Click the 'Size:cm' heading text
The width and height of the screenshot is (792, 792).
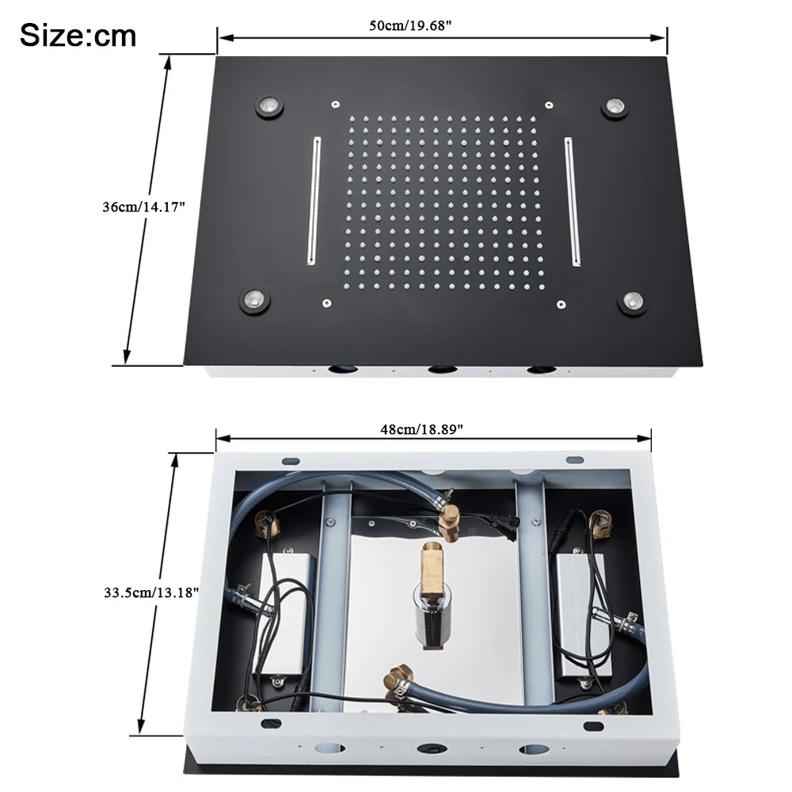[x=78, y=35]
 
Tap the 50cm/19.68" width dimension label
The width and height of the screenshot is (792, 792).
[x=410, y=25]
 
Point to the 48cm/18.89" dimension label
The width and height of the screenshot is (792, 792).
[x=421, y=428]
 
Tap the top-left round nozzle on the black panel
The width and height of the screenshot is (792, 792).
[x=269, y=105]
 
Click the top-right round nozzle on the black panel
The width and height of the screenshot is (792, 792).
[x=614, y=106]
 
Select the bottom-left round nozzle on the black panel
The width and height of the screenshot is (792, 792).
[x=254, y=299]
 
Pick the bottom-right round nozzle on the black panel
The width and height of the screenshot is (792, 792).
[x=632, y=302]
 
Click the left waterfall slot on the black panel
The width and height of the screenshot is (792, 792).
[x=314, y=200]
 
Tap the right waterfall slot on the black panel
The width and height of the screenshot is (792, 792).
[x=573, y=200]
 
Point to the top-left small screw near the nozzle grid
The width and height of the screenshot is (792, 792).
[x=336, y=105]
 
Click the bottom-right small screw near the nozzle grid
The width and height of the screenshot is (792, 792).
[x=561, y=303]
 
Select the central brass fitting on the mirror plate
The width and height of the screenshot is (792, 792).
[x=432, y=568]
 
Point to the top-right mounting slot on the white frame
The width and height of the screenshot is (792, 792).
[x=574, y=459]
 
